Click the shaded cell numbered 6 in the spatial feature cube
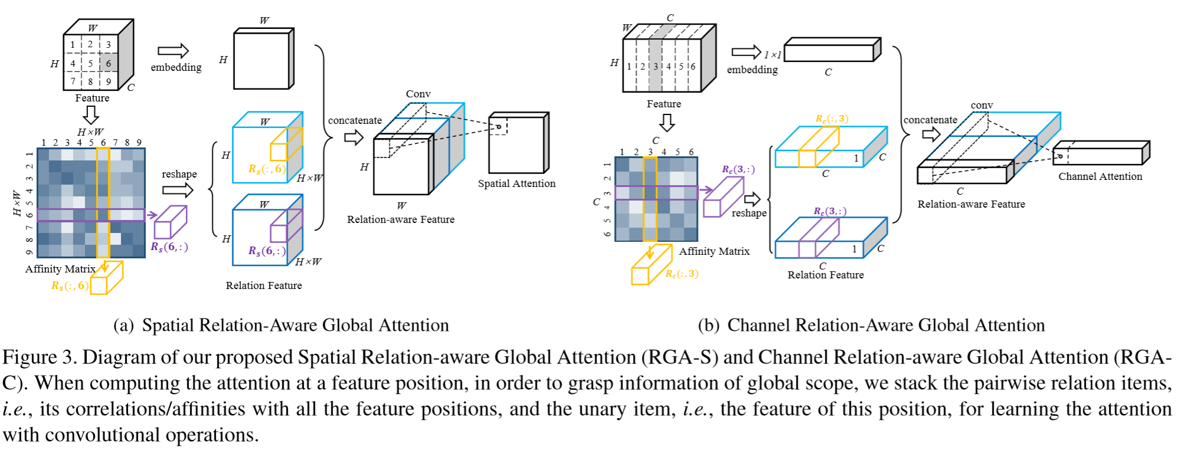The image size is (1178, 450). [x=108, y=63]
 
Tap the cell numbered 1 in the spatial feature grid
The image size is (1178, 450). [x=73, y=45]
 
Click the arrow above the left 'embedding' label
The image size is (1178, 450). [x=173, y=51]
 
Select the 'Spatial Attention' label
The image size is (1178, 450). [x=517, y=183]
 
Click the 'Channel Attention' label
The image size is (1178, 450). [x=1100, y=176]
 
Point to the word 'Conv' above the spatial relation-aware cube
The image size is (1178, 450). [x=418, y=94]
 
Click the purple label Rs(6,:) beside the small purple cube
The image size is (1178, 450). [x=169, y=247]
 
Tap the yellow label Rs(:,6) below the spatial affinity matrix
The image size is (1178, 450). [x=70, y=286]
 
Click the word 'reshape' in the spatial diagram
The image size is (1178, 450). [x=179, y=174]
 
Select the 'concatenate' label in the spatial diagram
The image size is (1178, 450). [x=355, y=120]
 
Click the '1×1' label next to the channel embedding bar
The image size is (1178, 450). [x=772, y=55]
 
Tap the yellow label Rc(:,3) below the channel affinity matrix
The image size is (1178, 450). [x=682, y=274]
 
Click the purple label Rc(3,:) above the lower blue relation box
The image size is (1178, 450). [x=830, y=211]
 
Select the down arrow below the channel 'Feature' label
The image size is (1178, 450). [x=667, y=123]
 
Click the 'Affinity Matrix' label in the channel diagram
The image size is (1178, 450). [x=714, y=251]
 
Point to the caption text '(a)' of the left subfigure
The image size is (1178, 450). [x=124, y=326]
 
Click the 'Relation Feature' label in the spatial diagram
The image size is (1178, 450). [x=263, y=285]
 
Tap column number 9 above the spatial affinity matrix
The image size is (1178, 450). [x=139, y=142]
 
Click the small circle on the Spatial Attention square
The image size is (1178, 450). [x=498, y=126]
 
